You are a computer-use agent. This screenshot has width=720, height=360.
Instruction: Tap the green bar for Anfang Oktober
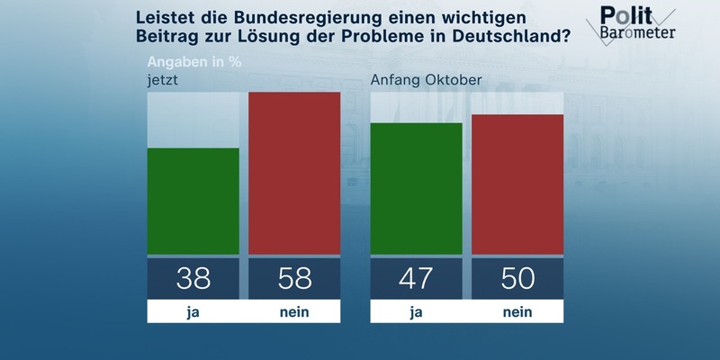416,188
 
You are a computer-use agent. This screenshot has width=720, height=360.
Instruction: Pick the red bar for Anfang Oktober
517,184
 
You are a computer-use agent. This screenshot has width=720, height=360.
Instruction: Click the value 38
193,278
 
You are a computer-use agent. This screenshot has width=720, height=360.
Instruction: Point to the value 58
294,278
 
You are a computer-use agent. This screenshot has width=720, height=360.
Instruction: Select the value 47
416,278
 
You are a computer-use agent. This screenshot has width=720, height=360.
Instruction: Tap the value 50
517,278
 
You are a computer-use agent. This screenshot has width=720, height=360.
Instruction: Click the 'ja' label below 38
193,311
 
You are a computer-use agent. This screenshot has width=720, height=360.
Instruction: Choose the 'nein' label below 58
294,311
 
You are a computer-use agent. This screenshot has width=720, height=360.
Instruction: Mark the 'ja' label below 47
416,311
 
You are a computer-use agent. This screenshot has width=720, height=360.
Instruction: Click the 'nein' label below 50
517,311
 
